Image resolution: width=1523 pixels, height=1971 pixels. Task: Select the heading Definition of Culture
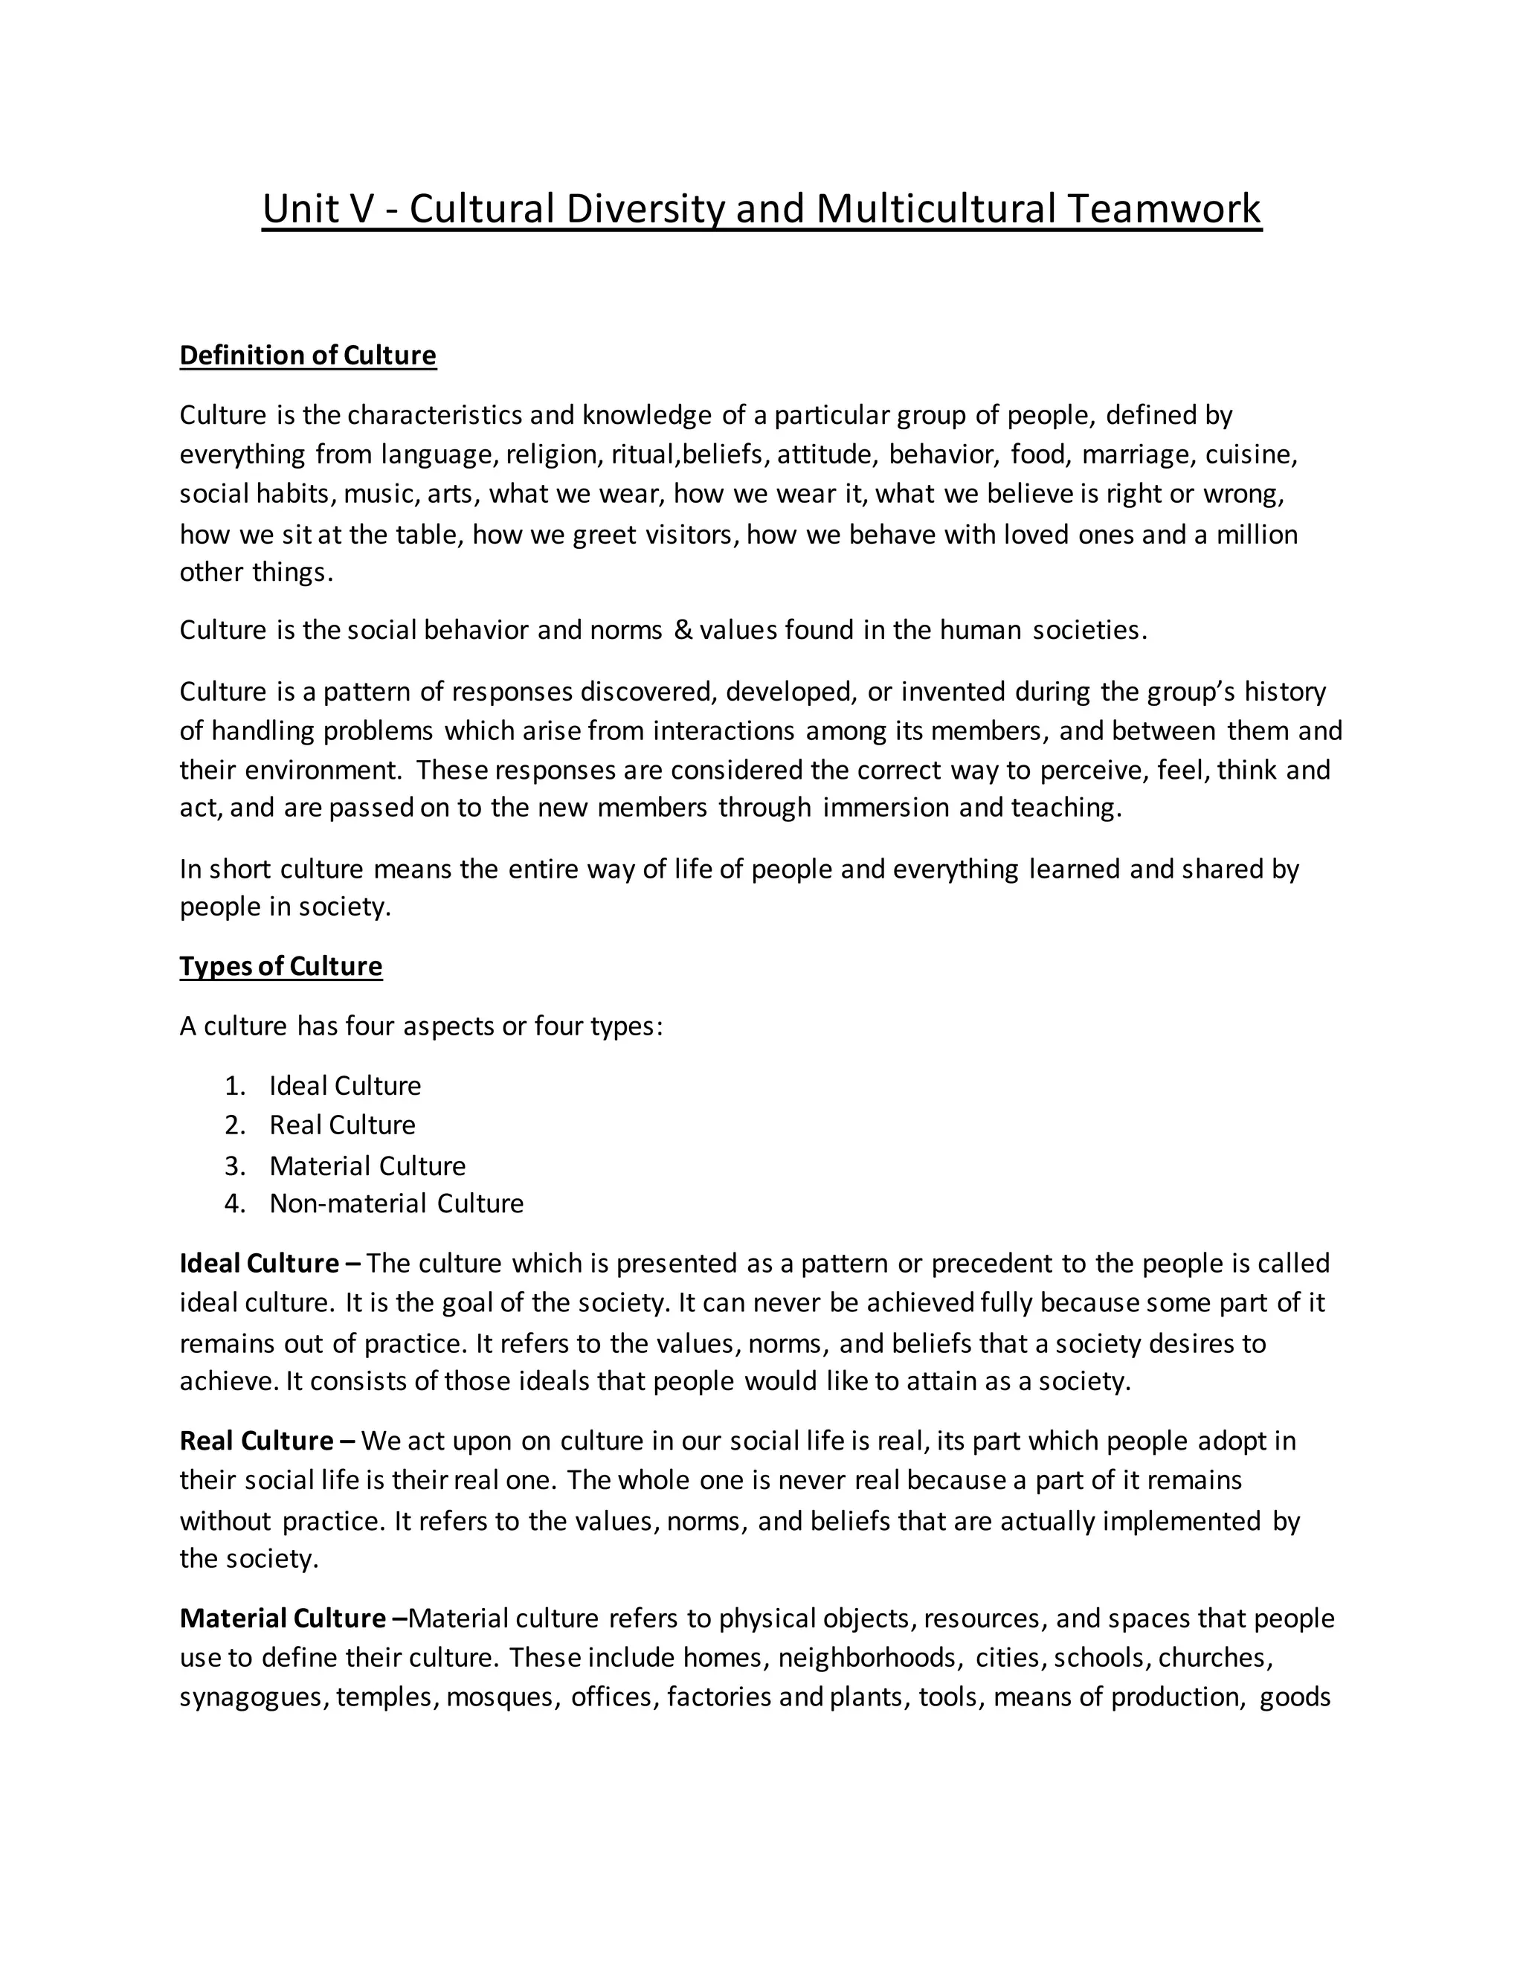point(308,356)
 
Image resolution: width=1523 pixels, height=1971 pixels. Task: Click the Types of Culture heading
point(280,967)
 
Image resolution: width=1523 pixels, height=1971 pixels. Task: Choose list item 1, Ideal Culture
point(344,1086)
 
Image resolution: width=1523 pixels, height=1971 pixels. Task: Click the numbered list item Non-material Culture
point(396,1204)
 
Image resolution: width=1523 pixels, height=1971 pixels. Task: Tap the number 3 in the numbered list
point(234,1166)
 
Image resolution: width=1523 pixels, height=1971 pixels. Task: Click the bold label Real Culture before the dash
point(257,1441)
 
